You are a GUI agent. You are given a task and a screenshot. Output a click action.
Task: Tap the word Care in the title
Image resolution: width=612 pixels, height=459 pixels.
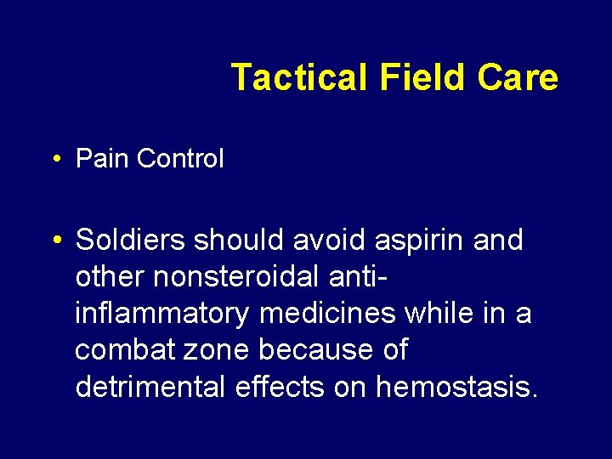[518, 77]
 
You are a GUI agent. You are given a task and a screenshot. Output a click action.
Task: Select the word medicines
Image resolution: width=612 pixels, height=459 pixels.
[328, 314]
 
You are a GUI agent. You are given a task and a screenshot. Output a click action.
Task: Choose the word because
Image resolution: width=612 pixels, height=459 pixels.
[316, 350]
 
